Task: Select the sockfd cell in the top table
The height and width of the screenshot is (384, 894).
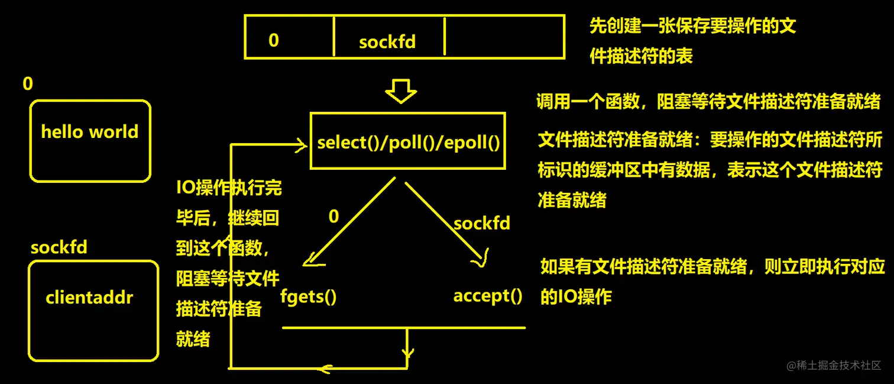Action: click(x=387, y=42)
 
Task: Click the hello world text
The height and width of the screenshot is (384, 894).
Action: click(x=90, y=131)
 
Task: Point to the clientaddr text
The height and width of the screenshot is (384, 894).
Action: click(x=89, y=297)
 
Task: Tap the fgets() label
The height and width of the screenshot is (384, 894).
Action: click(x=307, y=296)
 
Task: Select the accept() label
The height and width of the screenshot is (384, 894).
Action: click(x=488, y=295)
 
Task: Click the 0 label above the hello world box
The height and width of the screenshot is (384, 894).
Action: click(x=28, y=84)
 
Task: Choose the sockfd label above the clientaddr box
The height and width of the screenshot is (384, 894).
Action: click(x=59, y=247)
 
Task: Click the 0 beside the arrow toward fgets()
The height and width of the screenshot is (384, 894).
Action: click(x=333, y=217)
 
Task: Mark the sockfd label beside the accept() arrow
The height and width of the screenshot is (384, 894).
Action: click(x=481, y=223)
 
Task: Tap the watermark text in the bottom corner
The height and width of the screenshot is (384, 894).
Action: click(x=834, y=366)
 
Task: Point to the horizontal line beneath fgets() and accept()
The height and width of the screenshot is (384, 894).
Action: click(x=403, y=327)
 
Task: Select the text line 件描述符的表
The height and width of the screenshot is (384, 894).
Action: click(x=641, y=56)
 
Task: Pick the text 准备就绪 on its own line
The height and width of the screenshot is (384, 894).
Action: click(x=572, y=200)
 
